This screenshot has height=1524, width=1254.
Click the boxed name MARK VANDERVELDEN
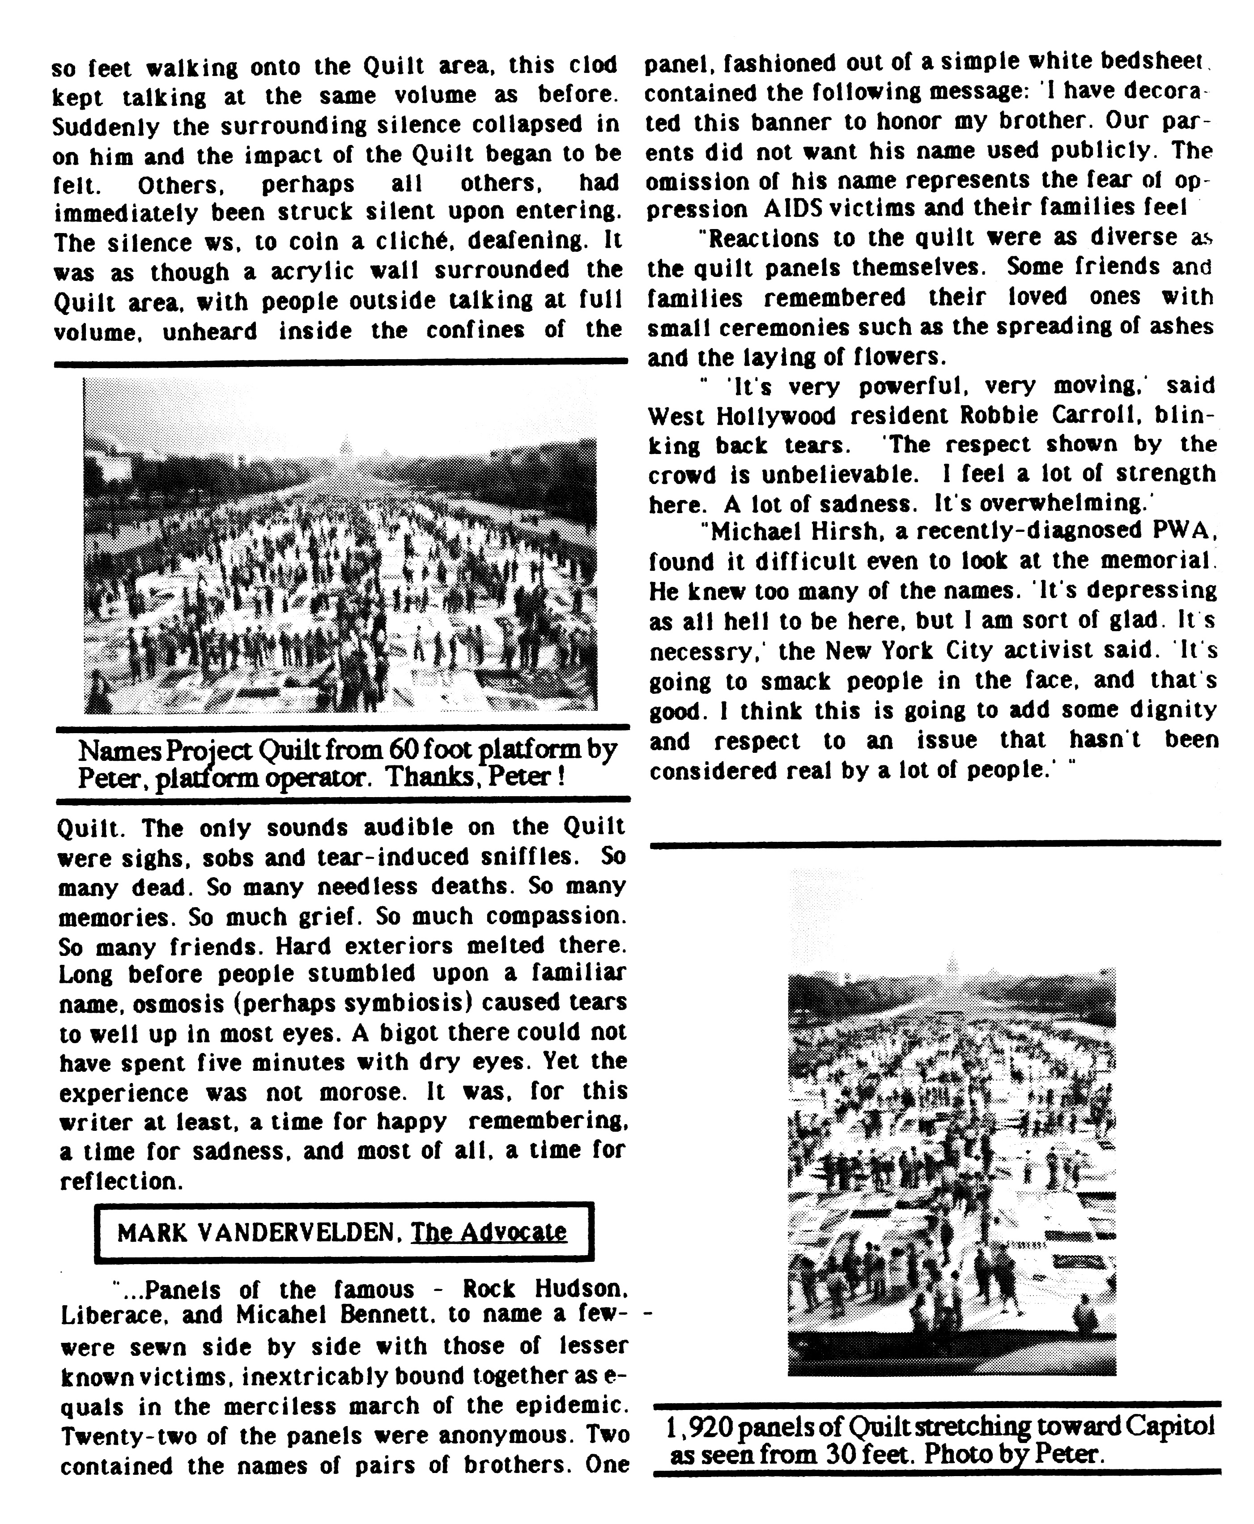pyautogui.click(x=256, y=1232)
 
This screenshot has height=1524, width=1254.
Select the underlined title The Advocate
pyautogui.click(x=489, y=1232)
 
